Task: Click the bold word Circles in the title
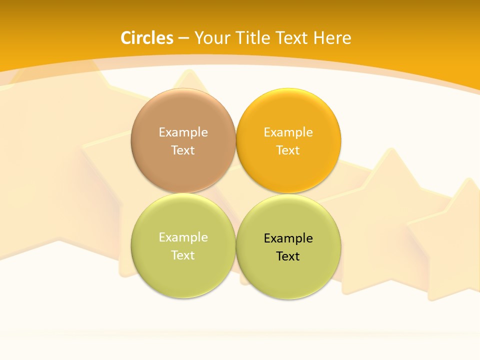point(147,38)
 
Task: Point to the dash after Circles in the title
point(183,38)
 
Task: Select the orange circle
point(288,170)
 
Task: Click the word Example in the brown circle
point(183,132)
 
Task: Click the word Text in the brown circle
point(183,150)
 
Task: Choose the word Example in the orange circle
point(288,132)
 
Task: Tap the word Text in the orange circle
point(288,150)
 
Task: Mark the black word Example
point(288,238)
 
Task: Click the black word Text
point(288,256)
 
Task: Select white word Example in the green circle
point(183,237)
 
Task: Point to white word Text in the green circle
point(183,255)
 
